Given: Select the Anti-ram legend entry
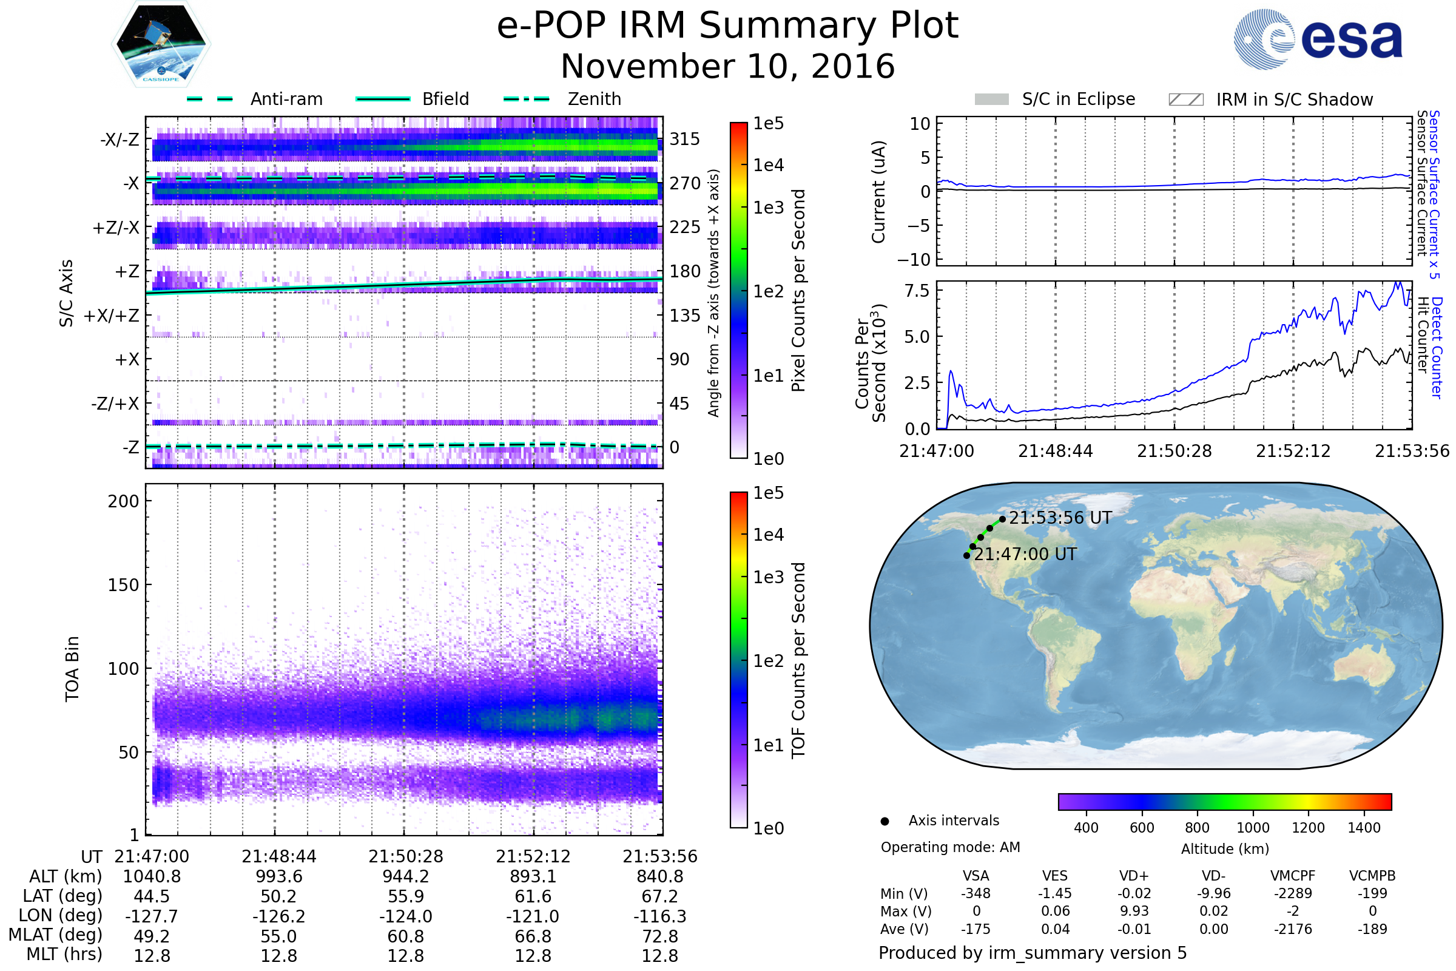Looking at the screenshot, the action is tap(254, 99).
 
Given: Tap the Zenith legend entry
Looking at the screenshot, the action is tap(562, 99).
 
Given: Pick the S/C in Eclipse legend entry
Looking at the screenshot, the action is tap(1055, 99).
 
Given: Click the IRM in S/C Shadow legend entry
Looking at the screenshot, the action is tap(1270, 100).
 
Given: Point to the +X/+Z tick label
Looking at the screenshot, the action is tap(112, 316).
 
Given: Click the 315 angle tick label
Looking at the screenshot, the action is tap(685, 139).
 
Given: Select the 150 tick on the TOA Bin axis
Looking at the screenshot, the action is tap(123, 585).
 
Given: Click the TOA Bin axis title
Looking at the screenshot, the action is tap(72, 668).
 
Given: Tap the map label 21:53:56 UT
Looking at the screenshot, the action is tap(1060, 518).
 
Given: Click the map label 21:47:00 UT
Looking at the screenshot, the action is tap(1026, 554).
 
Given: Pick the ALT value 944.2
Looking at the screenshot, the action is tap(406, 876).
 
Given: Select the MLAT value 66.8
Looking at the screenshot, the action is tap(533, 936).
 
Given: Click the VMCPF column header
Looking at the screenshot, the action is tap(1293, 876).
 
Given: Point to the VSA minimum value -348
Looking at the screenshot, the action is tap(976, 893).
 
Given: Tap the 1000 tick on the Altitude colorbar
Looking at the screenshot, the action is tap(1253, 828).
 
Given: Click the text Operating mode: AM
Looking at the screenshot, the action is tap(950, 847).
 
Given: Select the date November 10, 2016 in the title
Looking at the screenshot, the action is tap(728, 66).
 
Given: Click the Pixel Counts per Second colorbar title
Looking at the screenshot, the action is tap(798, 291).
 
